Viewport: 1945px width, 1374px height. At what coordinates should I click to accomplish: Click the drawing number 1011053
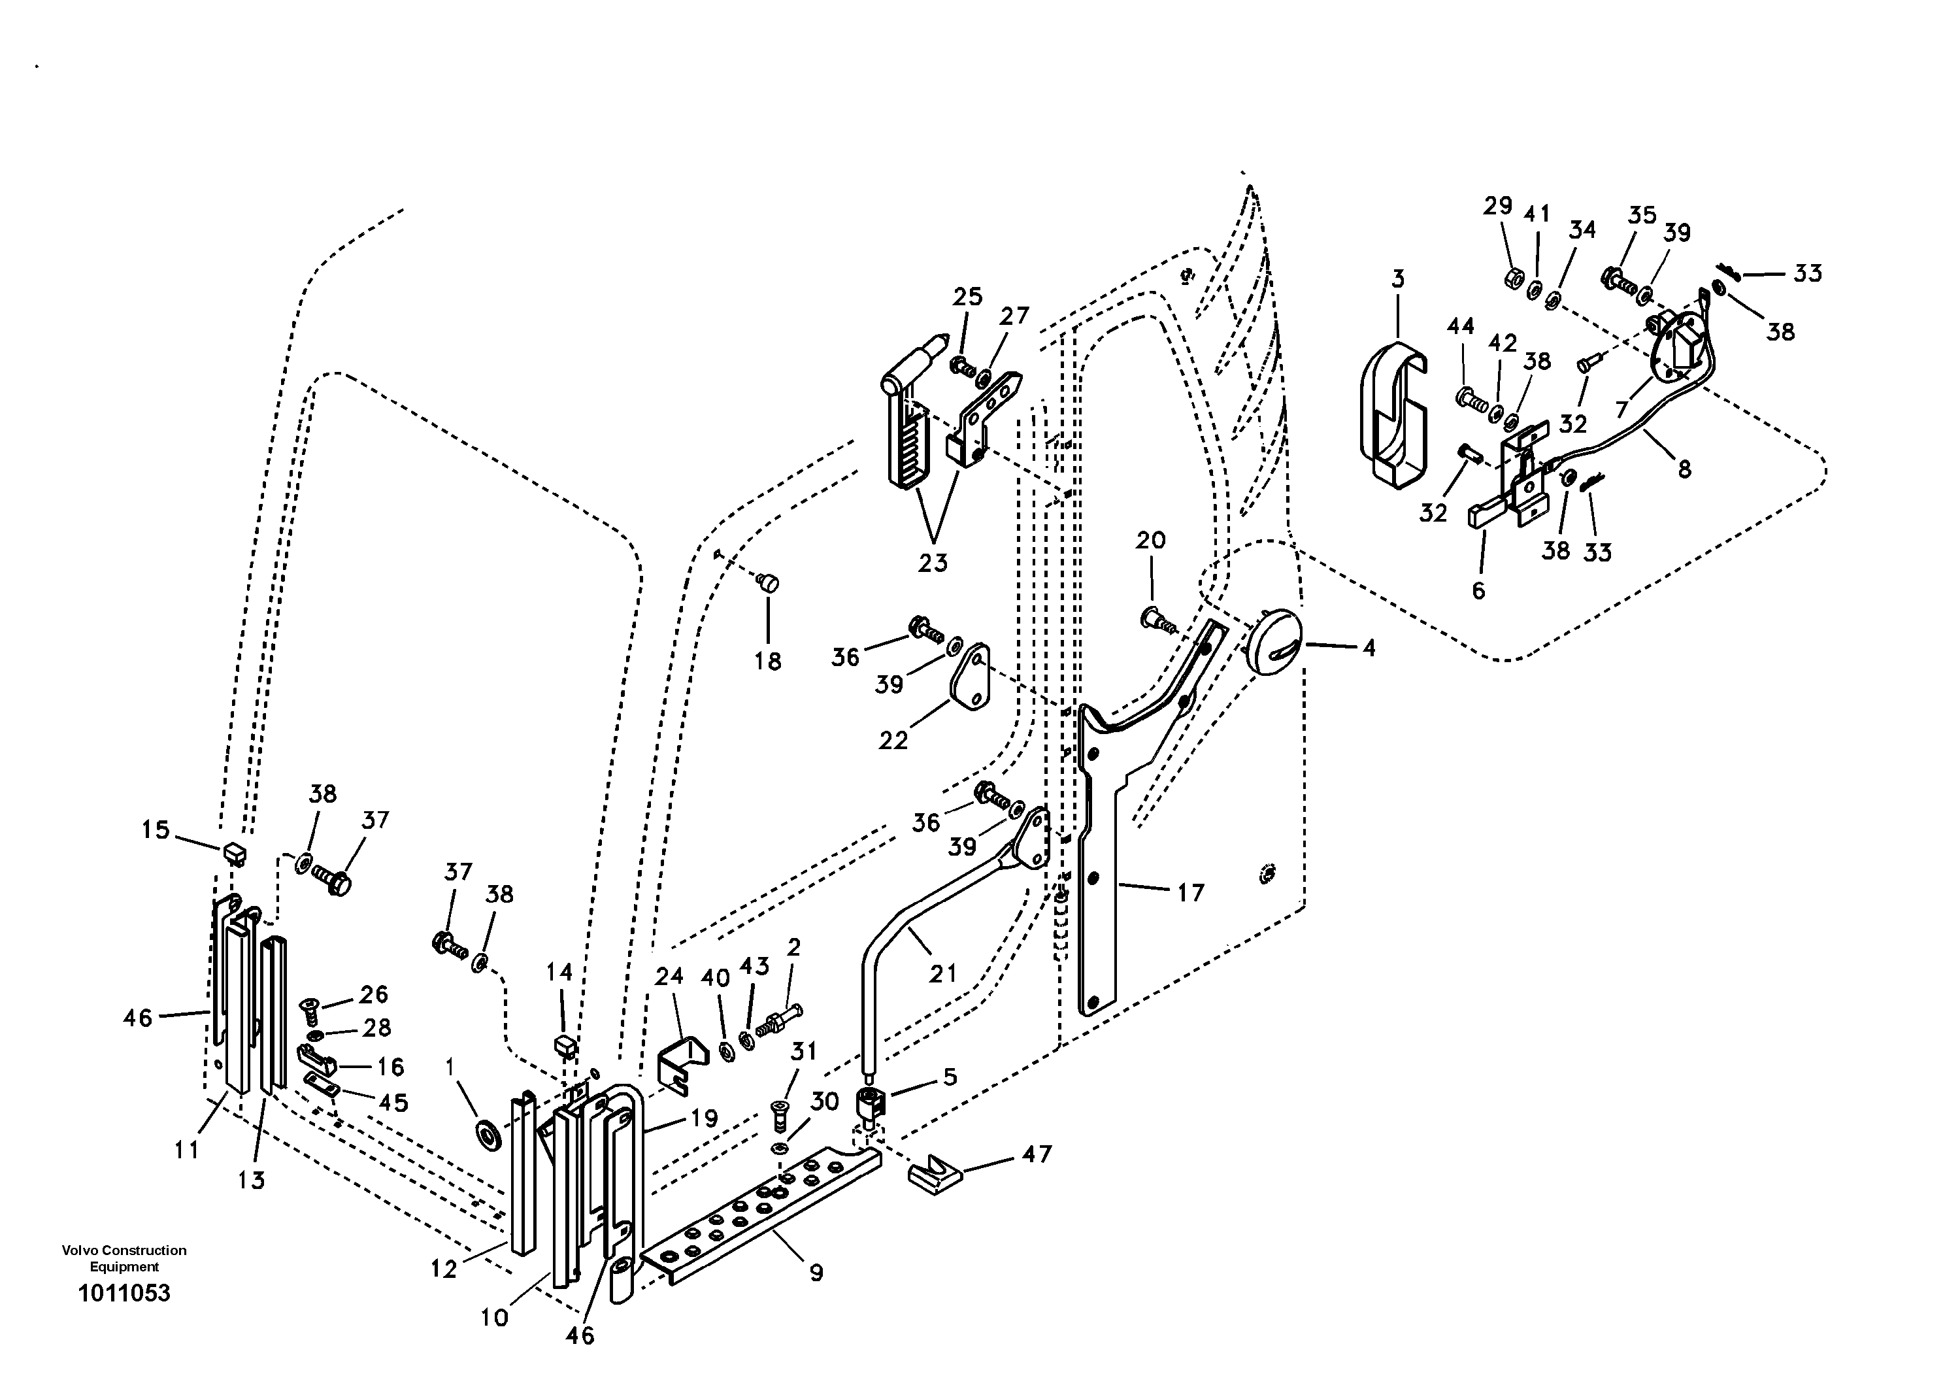(124, 1294)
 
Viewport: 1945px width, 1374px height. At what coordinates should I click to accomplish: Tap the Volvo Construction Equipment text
(124, 1258)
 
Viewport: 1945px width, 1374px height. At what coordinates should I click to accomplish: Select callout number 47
(1037, 1154)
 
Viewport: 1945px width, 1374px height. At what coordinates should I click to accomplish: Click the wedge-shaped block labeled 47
(935, 1174)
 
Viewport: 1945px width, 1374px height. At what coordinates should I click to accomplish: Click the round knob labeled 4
(1273, 642)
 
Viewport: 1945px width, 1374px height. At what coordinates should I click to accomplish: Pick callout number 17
(1190, 892)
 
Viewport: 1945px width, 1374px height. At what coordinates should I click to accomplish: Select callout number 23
(933, 562)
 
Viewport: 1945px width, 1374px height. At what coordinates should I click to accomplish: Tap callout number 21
(943, 973)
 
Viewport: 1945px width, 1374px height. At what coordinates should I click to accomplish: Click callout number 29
(1498, 206)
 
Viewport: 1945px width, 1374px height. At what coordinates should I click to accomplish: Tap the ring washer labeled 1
(489, 1134)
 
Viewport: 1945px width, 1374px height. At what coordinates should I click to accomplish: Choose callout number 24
(669, 976)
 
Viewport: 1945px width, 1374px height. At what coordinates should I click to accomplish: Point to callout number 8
(1684, 469)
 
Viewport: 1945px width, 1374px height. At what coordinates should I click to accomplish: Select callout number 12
(444, 1269)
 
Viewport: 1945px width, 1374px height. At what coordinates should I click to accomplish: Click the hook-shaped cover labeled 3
(1393, 415)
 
